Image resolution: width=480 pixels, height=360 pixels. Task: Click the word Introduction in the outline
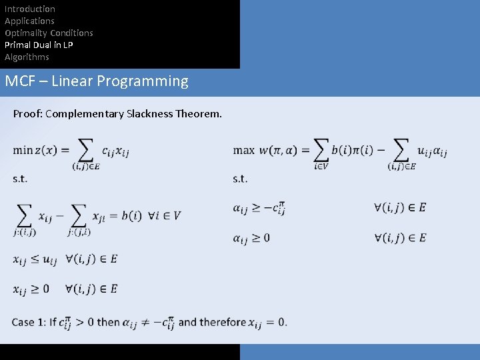pyautogui.click(x=30, y=9)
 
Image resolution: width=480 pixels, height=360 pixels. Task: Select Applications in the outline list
pyautogui.click(x=29, y=21)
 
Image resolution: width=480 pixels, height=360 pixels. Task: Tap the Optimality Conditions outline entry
pyautogui.click(x=49, y=33)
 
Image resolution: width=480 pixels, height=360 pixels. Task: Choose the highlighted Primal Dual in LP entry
pyautogui.click(x=39, y=45)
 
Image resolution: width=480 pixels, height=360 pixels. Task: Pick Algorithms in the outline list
pyautogui.click(x=27, y=57)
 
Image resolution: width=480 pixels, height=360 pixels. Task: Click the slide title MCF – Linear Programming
pyautogui.click(x=97, y=81)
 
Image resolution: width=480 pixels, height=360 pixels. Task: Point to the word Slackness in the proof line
pyautogui.click(x=149, y=114)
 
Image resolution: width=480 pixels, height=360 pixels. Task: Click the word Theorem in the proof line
pyautogui.click(x=199, y=114)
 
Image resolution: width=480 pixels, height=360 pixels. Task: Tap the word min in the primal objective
pyautogui.click(x=22, y=150)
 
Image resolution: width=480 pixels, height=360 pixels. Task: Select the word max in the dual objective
pyautogui.click(x=244, y=150)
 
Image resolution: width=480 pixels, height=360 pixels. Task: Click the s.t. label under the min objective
pyautogui.click(x=20, y=179)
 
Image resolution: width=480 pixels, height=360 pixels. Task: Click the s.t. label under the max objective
pyautogui.click(x=240, y=179)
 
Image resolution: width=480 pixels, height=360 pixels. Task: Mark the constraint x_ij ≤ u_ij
pyautogui.click(x=35, y=259)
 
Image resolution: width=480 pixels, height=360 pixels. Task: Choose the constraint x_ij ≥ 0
pyautogui.click(x=31, y=289)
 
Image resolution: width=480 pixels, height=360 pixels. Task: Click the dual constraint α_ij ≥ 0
pyautogui.click(x=251, y=238)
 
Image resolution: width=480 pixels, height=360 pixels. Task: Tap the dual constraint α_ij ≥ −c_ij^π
pyautogui.click(x=259, y=208)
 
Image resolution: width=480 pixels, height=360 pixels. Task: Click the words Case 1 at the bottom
pyautogui.click(x=32, y=322)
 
